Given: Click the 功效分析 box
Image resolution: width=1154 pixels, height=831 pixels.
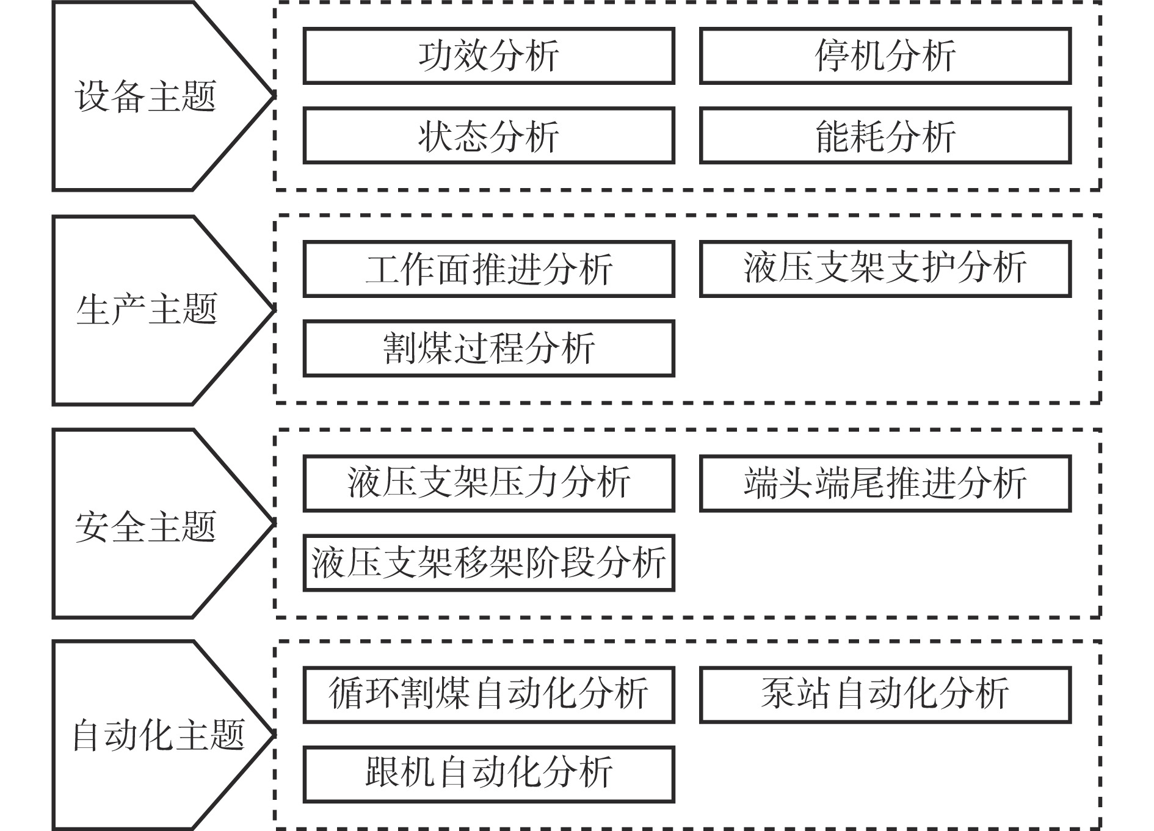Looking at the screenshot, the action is click(488, 56).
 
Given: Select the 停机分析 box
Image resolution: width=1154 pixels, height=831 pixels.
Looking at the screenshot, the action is click(885, 56).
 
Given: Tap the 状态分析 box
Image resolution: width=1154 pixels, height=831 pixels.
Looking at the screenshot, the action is click(488, 136).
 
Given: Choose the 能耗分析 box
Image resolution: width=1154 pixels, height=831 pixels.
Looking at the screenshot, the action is click(885, 136).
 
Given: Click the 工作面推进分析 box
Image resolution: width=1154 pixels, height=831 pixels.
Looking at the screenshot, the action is click(488, 269).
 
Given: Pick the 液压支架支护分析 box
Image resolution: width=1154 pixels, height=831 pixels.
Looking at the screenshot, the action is click(885, 269).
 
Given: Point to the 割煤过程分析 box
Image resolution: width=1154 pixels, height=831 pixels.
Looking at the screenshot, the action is click(488, 349).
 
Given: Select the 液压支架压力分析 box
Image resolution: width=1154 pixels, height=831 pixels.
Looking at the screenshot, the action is click(488, 484).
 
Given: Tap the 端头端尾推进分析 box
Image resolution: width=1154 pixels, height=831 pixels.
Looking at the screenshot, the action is click(885, 484).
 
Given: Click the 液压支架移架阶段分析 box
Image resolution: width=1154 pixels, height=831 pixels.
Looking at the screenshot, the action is click(488, 563).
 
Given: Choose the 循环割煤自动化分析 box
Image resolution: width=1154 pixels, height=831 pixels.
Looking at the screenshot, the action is click(488, 695).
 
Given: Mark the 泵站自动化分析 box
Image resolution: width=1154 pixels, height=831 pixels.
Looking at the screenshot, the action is click(885, 695).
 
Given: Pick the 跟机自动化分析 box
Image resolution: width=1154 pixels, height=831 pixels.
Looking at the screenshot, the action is click(488, 774).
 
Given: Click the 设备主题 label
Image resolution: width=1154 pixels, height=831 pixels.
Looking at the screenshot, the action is click(146, 96).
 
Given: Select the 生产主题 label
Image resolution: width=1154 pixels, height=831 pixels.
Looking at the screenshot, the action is click(147, 309).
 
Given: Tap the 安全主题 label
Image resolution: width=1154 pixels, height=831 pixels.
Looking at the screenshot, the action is click(146, 526).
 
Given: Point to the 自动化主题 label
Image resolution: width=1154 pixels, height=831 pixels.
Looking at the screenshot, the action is click(159, 735).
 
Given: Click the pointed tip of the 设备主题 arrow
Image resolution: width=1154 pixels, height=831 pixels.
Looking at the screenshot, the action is click(274, 95).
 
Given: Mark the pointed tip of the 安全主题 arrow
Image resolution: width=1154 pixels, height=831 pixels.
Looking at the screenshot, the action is click(274, 523).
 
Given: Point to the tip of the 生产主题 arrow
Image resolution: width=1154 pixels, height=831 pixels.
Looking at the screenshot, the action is click(274, 310).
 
